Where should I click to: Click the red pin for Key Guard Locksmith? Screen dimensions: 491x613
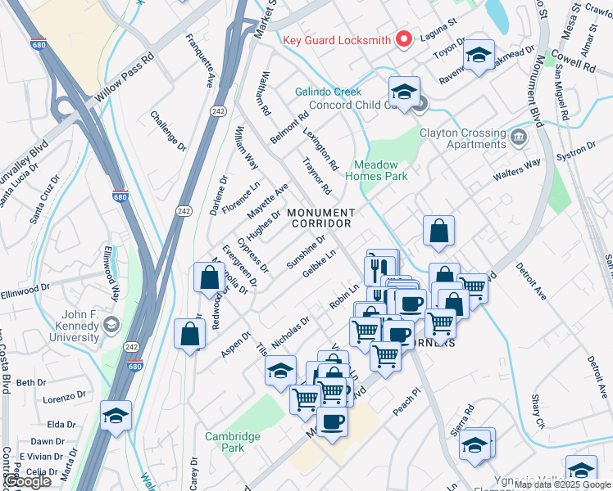403,39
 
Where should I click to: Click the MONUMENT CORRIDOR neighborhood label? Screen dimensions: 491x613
320,218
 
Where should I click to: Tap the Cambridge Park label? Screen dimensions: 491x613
232,442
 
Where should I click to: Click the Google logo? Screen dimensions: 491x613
27,481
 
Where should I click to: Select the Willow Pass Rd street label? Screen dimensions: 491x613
123,73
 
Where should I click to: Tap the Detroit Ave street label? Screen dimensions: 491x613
530,282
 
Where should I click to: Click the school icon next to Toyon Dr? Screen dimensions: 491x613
478,55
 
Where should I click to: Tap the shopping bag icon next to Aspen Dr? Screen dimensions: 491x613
190,334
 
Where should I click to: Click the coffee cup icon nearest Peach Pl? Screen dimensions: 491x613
332,421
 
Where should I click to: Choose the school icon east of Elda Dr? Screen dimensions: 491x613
116,416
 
